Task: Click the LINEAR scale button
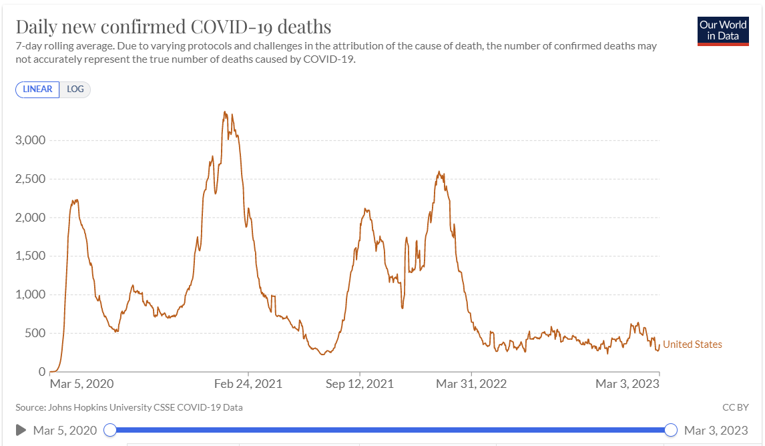[x=37, y=89]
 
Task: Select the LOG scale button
[x=75, y=89]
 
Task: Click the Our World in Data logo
[x=723, y=30]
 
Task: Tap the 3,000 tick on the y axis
[x=30, y=140]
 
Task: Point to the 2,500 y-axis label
[x=30, y=179]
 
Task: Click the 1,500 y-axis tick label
[x=30, y=256]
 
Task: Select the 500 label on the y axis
[x=36, y=333]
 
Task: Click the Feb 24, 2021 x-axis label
[x=248, y=384]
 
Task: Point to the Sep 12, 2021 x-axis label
[x=360, y=384]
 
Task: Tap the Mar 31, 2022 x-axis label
[x=471, y=384]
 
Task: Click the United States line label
[x=692, y=345]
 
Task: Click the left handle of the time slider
[x=111, y=430]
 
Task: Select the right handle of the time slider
[x=672, y=430]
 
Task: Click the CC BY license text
[x=735, y=407]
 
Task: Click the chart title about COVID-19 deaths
[x=174, y=27]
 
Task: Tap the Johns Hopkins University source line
[x=129, y=407]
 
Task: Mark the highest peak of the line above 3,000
[x=224, y=112]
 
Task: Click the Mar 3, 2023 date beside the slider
[x=716, y=430]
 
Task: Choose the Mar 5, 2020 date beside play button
[x=65, y=430]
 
